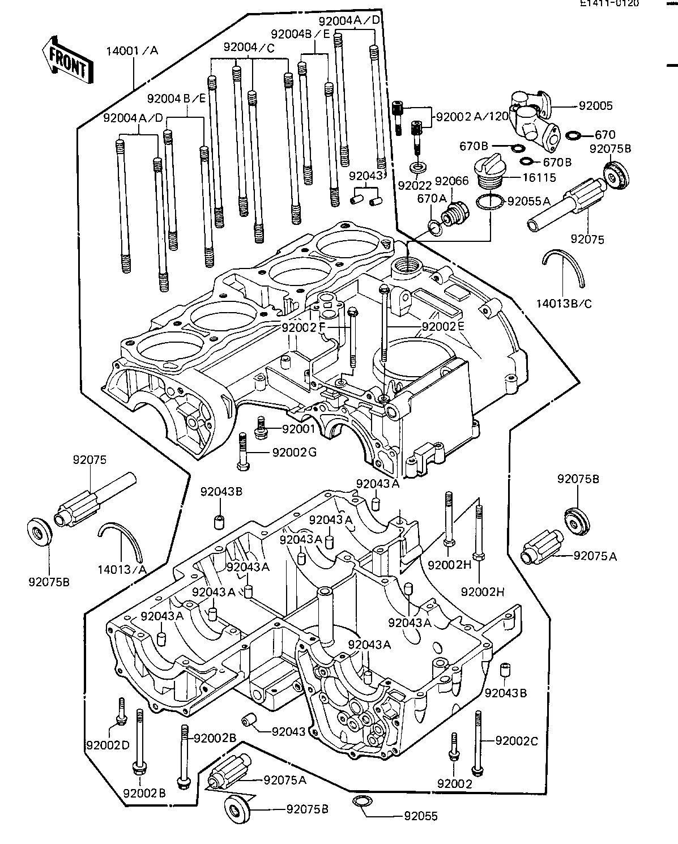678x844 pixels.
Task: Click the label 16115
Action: (x=539, y=177)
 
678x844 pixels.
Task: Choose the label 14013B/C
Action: (x=564, y=304)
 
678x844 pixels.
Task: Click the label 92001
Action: (x=299, y=429)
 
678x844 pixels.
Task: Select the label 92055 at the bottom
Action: (x=420, y=817)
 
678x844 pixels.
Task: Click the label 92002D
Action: (x=107, y=744)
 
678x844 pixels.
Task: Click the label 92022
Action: (x=415, y=185)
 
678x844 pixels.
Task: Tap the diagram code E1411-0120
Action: (x=608, y=3)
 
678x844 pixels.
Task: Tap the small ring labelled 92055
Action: (x=360, y=800)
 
